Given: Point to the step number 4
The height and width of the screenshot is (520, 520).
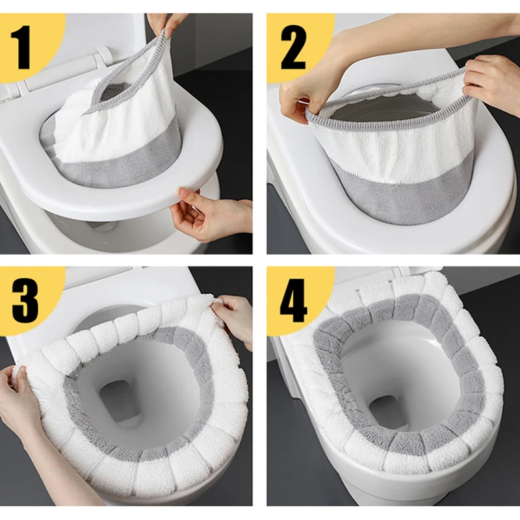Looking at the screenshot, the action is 294,300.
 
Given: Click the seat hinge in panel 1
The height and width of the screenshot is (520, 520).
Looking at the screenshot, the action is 103,54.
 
